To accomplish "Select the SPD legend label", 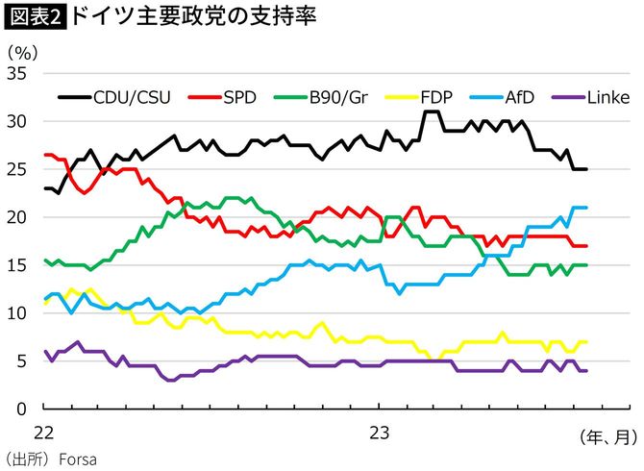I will tap(238, 97).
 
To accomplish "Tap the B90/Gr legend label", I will tap(339, 97).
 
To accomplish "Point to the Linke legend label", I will tap(607, 97).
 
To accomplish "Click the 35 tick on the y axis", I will tap(19, 74).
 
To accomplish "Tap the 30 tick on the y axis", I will tap(19, 122).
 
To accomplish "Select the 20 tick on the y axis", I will tap(19, 217).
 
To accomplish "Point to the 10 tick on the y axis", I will tap(19, 313).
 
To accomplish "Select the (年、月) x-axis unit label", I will tap(607, 437).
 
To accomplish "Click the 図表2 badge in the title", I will tap(35, 18).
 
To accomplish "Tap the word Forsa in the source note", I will tap(78, 459).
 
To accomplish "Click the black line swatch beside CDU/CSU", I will tap(73, 97).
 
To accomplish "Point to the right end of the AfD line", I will tap(586, 208).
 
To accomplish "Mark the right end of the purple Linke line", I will tap(586, 371).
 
